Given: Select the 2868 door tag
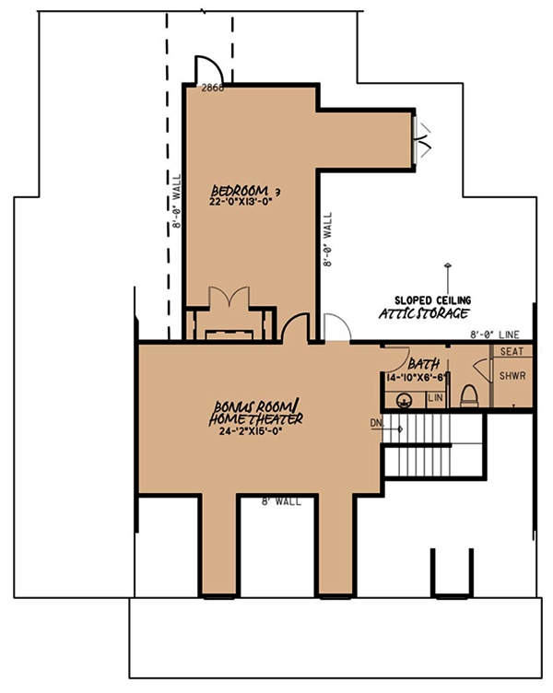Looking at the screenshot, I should (213, 89).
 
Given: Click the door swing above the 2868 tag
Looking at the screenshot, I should (207, 69).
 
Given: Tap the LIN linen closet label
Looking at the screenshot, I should (437, 397).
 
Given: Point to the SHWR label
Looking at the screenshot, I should (512, 377).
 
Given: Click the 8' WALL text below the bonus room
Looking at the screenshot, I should (277, 503).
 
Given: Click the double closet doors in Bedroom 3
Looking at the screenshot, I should (227, 300).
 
